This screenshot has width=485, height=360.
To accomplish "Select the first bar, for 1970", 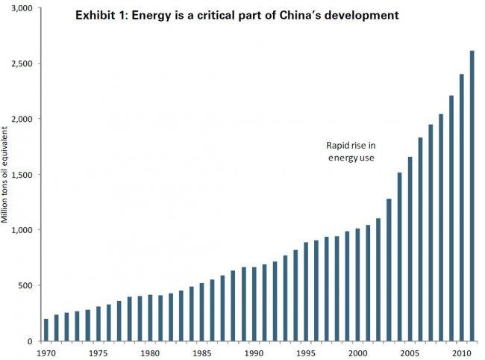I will click(46, 329).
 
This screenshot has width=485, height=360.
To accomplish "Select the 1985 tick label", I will click(201, 353).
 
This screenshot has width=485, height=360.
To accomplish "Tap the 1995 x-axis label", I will click(306, 353).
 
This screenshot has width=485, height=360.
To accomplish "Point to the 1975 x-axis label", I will click(98, 353).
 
